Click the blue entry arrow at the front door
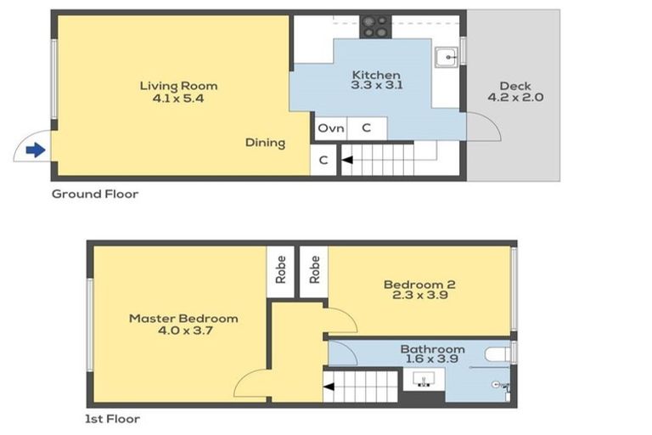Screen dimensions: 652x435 click(36, 150)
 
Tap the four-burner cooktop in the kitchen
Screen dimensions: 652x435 click(375, 27)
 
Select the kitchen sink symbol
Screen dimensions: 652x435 click(447, 57)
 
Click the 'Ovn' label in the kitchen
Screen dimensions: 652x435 click(331, 128)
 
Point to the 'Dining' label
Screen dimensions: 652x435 click(265, 143)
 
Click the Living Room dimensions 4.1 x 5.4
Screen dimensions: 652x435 click(178, 99)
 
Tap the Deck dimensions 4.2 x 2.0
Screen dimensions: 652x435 click(515, 98)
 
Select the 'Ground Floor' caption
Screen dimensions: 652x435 click(95, 194)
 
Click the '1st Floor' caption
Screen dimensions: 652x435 click(112, 419)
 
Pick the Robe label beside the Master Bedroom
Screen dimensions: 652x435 click(281, 269)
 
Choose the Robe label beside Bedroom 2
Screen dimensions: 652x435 click(315, 269)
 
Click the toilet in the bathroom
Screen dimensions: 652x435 click(497, 355)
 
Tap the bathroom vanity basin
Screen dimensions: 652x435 click(424, 380)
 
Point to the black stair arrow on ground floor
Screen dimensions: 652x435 click(347, 160)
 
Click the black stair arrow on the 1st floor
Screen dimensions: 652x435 click(329, 387)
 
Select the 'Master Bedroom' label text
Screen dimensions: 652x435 click(183, 319)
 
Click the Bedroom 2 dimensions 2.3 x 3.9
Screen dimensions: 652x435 click(420, 295)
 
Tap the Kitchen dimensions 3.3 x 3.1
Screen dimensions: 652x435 click(377, 85)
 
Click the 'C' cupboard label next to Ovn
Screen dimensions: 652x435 click(367, 127)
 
